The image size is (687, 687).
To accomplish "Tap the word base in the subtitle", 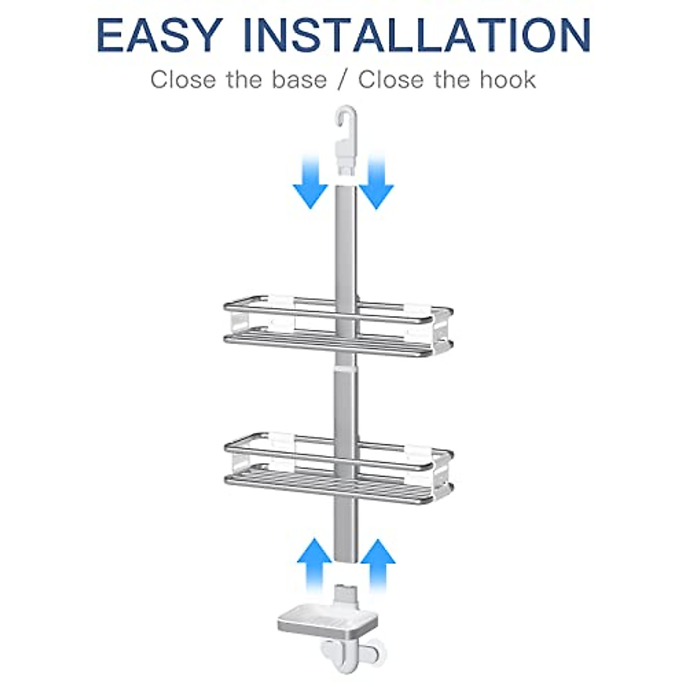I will [299, 80].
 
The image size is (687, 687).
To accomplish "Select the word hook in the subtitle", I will [507, 80].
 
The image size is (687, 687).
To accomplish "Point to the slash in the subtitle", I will [342, 80].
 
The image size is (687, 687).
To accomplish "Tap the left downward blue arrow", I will [310, 182].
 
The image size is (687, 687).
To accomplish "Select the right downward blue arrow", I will [377, 182].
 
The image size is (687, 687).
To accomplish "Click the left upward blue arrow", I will [314, 563].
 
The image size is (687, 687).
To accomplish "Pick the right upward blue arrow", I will [378, 563].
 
